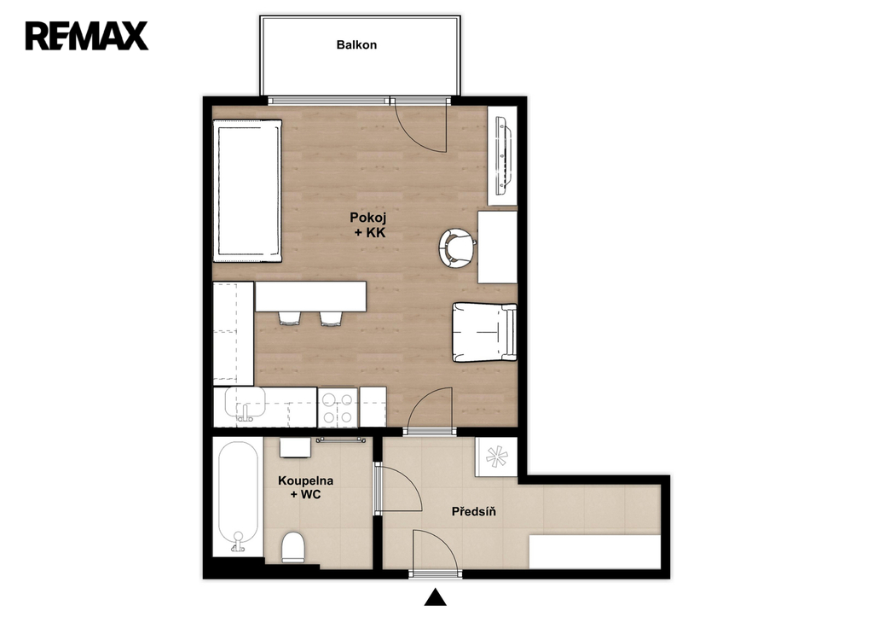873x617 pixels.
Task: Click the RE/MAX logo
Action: [x=87, y=36]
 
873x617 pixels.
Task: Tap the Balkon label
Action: [x=356, y=44]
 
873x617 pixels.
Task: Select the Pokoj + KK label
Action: [x=368, y=224]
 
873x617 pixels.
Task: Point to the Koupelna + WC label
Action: [x=306, y=487]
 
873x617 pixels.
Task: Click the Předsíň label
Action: [x=474, y=511]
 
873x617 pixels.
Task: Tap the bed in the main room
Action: [x=247, y=190]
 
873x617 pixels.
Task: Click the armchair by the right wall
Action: [x=484, y=332]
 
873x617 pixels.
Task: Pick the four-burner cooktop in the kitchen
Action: [x=337, y=407]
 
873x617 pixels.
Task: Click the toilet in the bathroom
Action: [x=293, y=547]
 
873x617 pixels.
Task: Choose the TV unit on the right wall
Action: [x=502, y=155]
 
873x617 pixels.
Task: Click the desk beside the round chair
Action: [x=498, y=247]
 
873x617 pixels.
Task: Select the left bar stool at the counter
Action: [x=289, y=317]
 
